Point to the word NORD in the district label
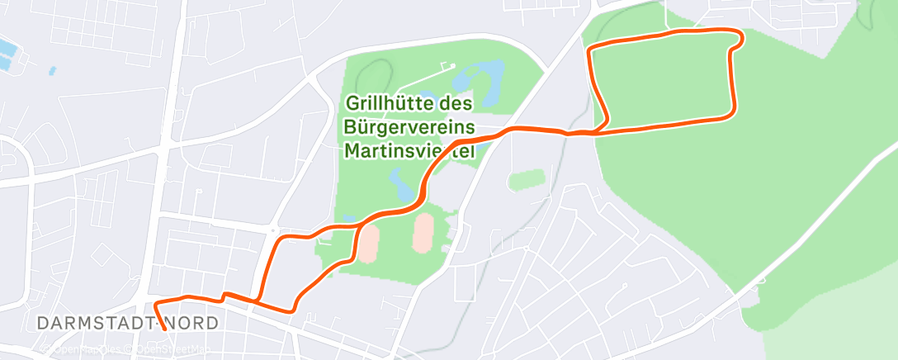193,323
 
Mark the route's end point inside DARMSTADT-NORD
165,329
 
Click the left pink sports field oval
368,241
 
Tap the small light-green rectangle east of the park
527,178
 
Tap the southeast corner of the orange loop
730,115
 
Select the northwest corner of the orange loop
590,50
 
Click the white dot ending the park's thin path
452,66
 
